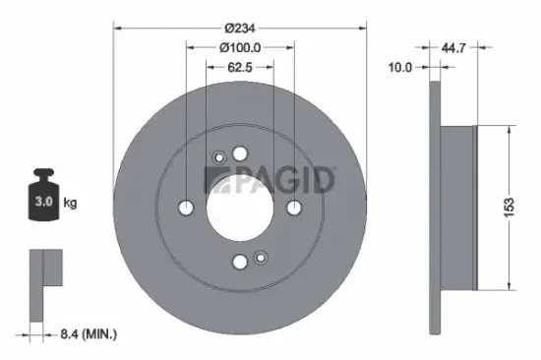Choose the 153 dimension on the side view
point(508,208)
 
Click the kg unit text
point(70,204)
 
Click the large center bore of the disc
point(240,207)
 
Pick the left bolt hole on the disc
point(187,208)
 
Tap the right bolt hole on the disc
point(293,207)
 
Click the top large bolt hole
point(240,153)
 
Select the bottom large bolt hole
point(240,261)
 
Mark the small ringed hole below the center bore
point(261,258)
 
